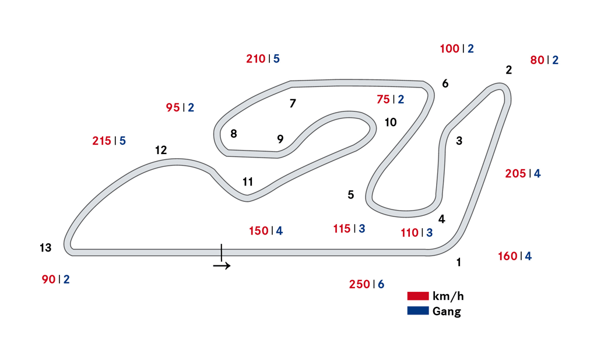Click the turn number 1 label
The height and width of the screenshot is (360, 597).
(459, 263)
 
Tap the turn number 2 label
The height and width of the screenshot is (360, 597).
(509, 70)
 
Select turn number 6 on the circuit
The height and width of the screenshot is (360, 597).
(445, 83)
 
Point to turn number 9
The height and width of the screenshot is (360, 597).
(280, 139)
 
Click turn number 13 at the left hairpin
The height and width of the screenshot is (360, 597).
(45, 248)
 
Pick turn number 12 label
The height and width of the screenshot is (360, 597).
(161, 150)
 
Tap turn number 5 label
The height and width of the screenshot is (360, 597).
(351, 195)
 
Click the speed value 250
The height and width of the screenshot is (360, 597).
(359, 284)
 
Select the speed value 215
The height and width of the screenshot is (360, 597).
(102, 141)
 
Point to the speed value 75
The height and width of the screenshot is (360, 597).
(383, 99)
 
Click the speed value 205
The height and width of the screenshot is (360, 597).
(515, 173)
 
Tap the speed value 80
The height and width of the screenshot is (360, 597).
(537, 60)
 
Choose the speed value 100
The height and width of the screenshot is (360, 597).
(449, 48)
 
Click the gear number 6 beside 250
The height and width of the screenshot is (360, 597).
(381, 284)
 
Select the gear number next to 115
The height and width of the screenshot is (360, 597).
(362, 229)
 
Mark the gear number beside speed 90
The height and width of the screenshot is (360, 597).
(66, 279)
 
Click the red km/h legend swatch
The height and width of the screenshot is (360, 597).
(418, 296)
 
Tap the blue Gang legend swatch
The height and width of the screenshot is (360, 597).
(418, 311)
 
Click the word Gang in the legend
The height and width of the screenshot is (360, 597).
(447, 312)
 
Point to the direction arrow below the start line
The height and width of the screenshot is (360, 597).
(222, 266)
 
